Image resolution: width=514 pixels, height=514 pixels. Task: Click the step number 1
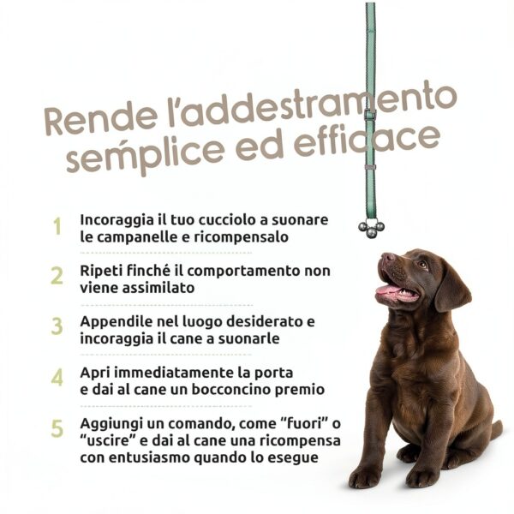57,228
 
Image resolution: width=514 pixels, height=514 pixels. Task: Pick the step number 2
57,277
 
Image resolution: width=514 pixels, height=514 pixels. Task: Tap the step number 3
57,327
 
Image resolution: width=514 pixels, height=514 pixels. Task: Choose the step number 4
57,378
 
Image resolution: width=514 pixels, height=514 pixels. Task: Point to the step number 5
57,428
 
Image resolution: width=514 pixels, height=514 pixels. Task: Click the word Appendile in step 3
117,321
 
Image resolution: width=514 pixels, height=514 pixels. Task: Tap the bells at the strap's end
371,228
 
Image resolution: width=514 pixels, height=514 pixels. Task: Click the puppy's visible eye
422,265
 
